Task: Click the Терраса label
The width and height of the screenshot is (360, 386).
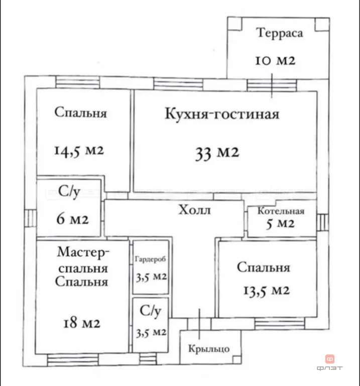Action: click(x=280, y=34)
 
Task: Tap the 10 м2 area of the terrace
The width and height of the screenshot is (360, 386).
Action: click(x=275, y=61)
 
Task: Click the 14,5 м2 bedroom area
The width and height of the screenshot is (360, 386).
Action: click(x=79, y=150)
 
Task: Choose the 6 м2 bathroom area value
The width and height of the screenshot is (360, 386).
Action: click(x=72, y=219)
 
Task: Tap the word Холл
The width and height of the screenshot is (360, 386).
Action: click(x=194, y=210)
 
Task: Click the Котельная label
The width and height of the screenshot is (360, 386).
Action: click(x=280, y=212)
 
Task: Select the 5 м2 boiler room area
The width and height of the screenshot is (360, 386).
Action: click(x=280, y=224)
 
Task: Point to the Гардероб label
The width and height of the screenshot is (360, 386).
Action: click(x=150, y=260)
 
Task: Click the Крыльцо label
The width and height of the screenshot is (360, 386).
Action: click(x=209, y=348)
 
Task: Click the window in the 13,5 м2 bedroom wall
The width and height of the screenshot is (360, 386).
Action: click(x=272, y=323)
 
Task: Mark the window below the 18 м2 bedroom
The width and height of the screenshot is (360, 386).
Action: click(x=72, y=359)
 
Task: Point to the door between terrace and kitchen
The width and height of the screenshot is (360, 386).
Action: click(x=272, y=84)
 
